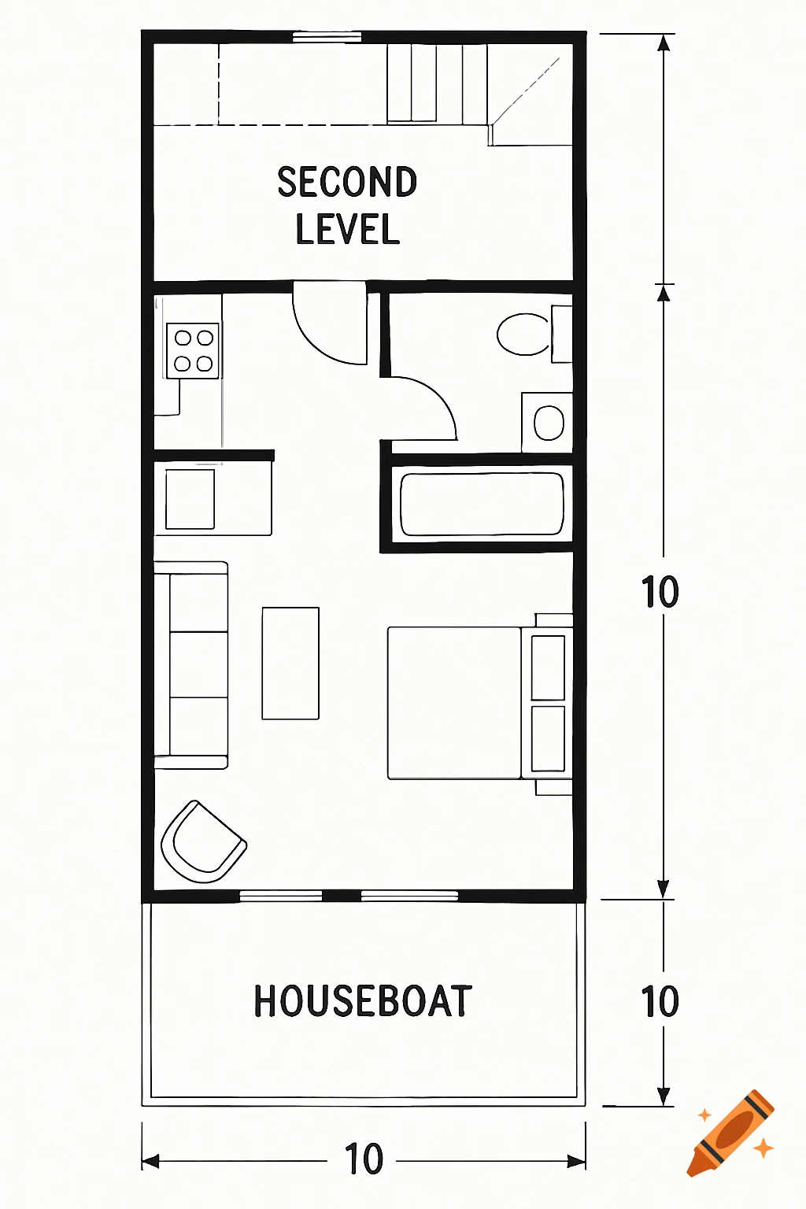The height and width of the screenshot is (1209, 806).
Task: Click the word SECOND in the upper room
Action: (x=347, y=183)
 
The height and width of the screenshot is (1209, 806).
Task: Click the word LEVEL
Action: (x=347, y=229)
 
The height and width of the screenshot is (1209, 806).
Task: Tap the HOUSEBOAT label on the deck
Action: (x=363, y=1001)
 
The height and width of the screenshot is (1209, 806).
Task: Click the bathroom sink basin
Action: (x=549, y=423)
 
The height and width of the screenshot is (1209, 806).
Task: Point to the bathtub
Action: (x=482, y=504)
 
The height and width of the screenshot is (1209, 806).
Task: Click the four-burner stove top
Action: (x=193, y=350)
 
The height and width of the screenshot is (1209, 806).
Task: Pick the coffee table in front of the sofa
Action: (x=290, y=663)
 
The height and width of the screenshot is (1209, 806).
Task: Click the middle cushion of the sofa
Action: (x=198, y=664)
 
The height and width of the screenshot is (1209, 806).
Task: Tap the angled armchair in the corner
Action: (x=202, y=843)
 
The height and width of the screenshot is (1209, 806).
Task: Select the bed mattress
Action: (x=454, y=703)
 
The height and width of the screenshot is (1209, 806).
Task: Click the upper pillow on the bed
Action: (x=548, y=667)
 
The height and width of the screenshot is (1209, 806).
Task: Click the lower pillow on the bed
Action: (x=548, y=738)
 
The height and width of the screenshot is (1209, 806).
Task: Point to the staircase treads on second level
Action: (x=436, y=83)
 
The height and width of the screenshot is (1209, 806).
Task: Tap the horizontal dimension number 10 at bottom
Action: (x=364, y=1159)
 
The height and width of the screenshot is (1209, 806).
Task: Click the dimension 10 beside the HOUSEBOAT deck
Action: (x=660, y=1001)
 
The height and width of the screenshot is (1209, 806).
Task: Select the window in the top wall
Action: (x=327, y=36)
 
